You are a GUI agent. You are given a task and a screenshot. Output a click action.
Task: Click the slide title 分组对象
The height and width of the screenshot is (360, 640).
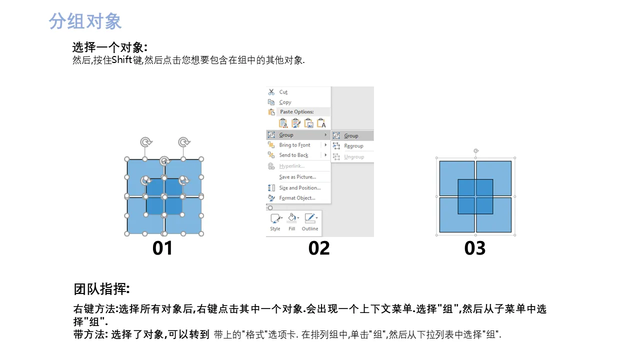pyautogui.click(x=85, y=21)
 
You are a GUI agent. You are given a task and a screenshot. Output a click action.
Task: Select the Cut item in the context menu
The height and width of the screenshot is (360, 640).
pyautogui.click(x=283, y=92)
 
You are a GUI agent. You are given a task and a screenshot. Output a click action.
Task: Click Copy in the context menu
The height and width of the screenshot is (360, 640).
pyautogui.click(x=285, y=102)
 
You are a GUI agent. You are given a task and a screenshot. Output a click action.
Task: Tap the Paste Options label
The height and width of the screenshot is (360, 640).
pyautogui.click(x=296, y=111)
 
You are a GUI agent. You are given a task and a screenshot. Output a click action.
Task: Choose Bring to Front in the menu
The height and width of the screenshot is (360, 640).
pyautogui.click(x=294, y=145)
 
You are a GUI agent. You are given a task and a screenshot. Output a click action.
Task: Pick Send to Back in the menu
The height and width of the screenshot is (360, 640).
pyautogui.click(x=293, y=155)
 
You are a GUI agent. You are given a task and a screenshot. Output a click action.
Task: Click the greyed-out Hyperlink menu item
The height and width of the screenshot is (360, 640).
pyautogui.click(x=291, y=166)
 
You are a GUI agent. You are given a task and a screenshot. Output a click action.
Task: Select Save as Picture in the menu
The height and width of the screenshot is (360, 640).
pyautogui.click(x=297, y=177)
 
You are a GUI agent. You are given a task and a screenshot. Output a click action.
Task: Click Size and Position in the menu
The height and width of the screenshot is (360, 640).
pyautogui.click(x=299, y=187)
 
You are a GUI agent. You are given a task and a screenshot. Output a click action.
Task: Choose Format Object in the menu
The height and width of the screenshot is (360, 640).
pyautogui.click(x=297, y=198)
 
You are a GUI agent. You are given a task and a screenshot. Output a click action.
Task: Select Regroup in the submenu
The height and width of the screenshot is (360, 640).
pyautogui.click(x=353, y=146)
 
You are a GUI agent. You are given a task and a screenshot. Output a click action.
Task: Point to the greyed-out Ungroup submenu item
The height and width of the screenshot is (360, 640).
pyautogui.click(x=354, y=157)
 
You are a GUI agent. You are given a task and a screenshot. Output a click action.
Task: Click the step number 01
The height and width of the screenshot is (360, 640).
pyautogui.click(x=162, y=248)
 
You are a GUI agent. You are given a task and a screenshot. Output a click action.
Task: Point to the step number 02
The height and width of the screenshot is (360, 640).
pyautogui.click(x=319, y=248)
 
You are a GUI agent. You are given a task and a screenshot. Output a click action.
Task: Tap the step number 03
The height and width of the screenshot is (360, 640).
pyautogui.click(x=475, y=248)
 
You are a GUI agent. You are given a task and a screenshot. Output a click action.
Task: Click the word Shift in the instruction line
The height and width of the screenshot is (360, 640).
pyautogui.click(x=121, y=60)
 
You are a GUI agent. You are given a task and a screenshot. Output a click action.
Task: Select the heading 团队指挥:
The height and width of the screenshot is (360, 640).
pyautogui.click(x=101, y=289)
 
